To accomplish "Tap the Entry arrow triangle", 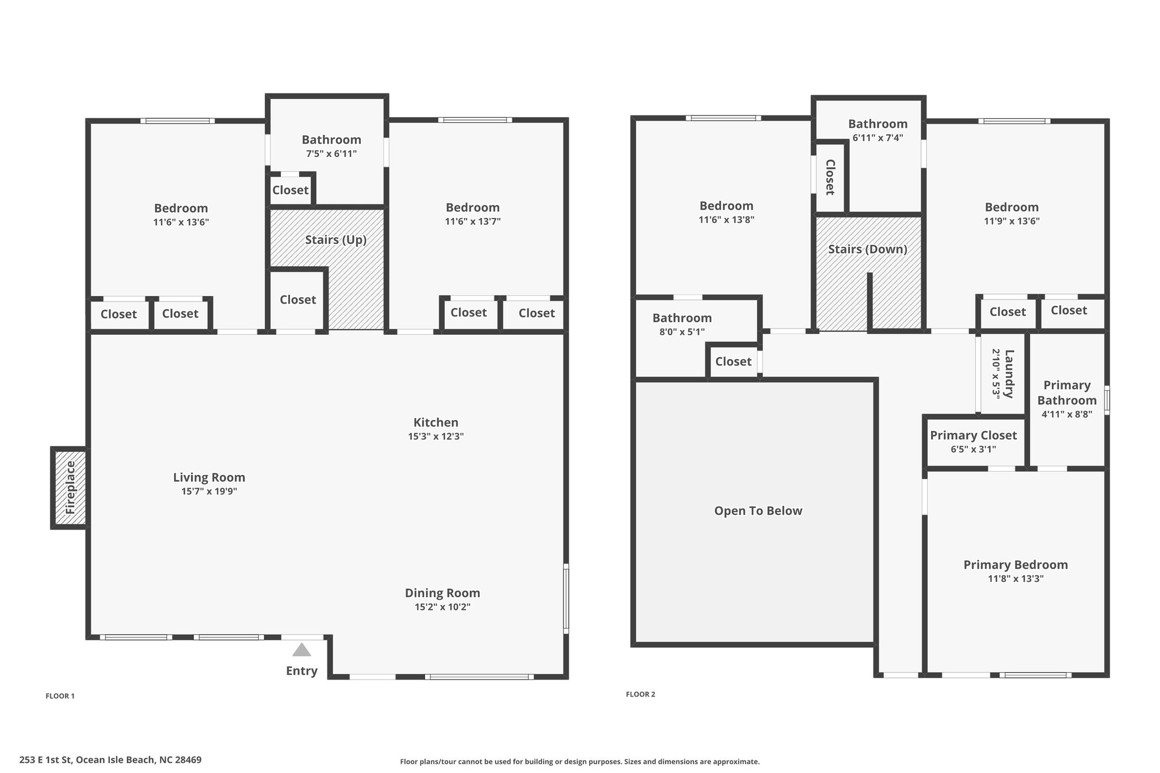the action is pos(301,650).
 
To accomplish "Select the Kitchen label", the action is pos(436,422).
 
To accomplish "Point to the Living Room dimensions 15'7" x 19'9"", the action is pos(209,492).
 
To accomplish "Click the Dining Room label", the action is pos(442,593).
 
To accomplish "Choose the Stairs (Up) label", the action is pos(336,240).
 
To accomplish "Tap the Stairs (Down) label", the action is pos(868,249).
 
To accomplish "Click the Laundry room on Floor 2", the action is pos(1002,374).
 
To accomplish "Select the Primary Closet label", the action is pos(973,435).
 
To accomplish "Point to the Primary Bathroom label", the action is pos(1067,392).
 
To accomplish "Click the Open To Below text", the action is pos(758,511).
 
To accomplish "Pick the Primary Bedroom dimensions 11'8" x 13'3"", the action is pos(1016,579).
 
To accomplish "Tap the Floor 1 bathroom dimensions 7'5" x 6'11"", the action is pos(331,153).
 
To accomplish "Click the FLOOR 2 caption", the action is pos(641,694).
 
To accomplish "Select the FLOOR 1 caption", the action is pos(60,696).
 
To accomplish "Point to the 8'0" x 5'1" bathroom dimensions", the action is pos(682,332).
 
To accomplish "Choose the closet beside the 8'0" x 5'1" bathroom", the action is pos(733,361).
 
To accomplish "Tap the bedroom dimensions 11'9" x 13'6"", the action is pos(1012,221).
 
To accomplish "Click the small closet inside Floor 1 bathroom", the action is pos(290,190).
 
